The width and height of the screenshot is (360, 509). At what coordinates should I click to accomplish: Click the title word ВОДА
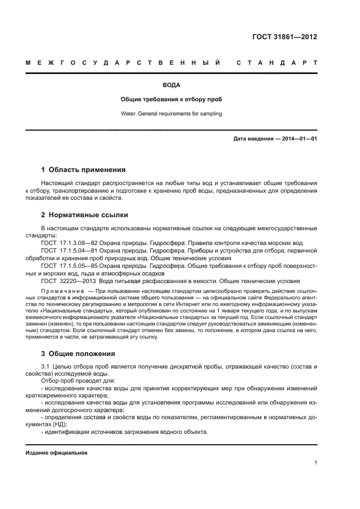(x=171, y=85)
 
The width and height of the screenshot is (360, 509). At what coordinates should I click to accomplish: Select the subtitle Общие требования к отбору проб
(x=171, y=100)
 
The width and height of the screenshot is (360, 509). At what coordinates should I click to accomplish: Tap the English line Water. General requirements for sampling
(x=171, y=114)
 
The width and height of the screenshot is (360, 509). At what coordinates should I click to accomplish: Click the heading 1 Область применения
(x=83, y=169)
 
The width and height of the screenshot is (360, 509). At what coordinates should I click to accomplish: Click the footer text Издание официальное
(x=56, y=452)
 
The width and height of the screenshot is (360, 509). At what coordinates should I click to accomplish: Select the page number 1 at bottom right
(x=315, y=463)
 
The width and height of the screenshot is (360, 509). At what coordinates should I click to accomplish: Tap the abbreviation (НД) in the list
(x=65, y=424)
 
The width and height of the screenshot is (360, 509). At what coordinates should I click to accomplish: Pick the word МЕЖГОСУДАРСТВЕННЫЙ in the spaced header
(x=123, y=63)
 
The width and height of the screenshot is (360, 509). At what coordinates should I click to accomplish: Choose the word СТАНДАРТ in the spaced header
(x=277, y=63)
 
